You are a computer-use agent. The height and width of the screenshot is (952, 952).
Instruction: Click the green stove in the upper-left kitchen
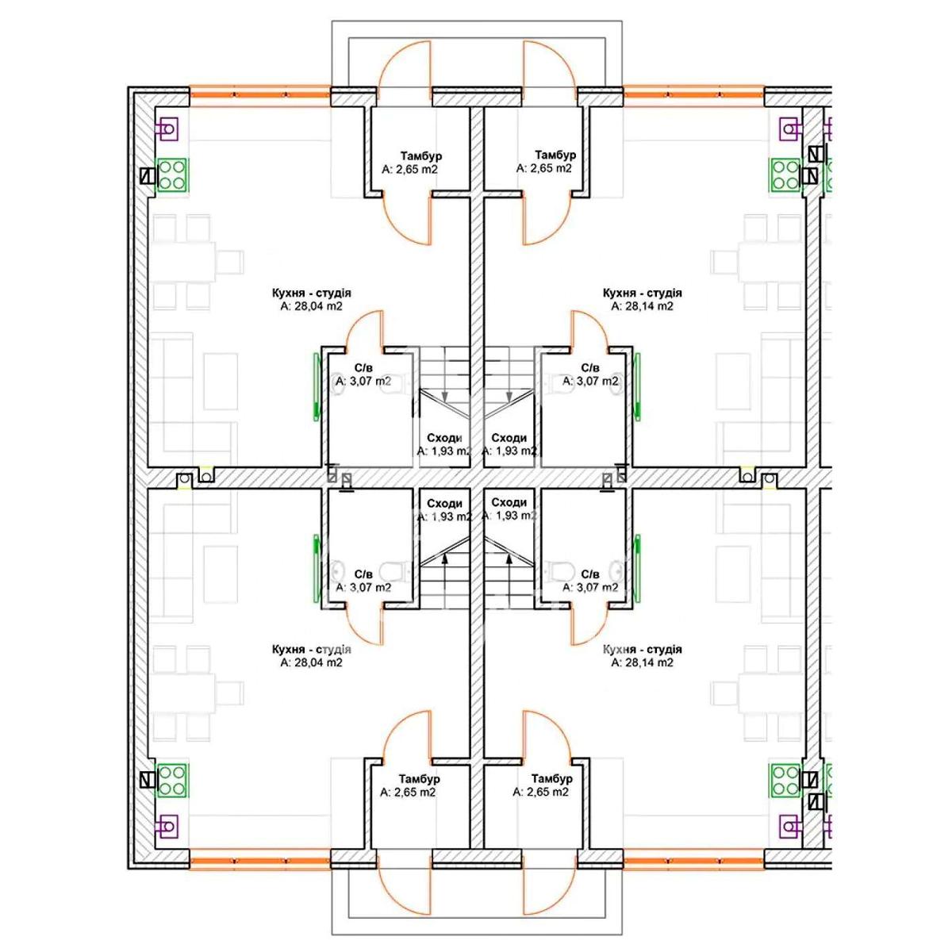pos(172,175)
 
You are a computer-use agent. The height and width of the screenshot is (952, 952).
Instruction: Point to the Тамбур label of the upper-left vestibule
pos(421,155)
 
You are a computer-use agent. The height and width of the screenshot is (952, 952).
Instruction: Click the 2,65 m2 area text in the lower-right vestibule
pos(541,792)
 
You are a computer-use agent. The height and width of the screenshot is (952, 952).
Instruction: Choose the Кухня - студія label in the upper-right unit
pos(643,293)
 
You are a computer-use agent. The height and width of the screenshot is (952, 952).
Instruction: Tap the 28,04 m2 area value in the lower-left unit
pos(311,662)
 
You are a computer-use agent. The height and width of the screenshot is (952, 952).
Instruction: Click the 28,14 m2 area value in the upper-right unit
pos(643,305)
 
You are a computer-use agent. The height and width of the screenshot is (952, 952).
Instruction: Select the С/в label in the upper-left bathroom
pos(363,367)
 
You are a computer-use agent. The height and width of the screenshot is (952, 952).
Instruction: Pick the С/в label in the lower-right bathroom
pos(590,574)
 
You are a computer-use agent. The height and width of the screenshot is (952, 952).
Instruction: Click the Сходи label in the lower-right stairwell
pos(509,502)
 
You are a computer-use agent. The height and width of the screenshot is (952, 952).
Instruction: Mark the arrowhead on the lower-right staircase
pos(509,559)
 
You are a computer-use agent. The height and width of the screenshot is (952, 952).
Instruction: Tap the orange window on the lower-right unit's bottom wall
pos(694,859)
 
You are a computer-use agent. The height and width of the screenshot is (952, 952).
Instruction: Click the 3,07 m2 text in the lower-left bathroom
pos(363,587)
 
